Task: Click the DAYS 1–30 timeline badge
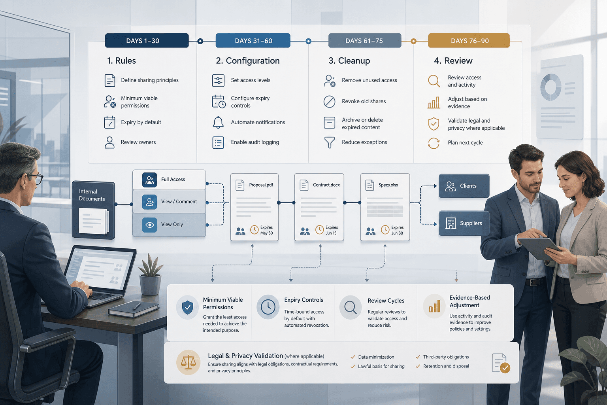(147, 41)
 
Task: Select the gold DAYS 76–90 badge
(469, 41)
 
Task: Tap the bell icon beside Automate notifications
(218, 122)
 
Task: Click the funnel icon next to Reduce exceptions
(330, 142)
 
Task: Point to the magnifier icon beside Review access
(434, 81)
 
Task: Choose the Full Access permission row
(169, 180)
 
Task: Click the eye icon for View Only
(150, 225)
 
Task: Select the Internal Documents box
(93, 210)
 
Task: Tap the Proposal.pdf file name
(261, 185)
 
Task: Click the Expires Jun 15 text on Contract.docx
(332, 230)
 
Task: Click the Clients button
(464, 186)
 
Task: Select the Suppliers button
(464, 223)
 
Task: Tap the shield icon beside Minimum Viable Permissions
(188, 307)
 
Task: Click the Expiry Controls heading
(303, 300)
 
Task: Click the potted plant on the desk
(151, 275)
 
